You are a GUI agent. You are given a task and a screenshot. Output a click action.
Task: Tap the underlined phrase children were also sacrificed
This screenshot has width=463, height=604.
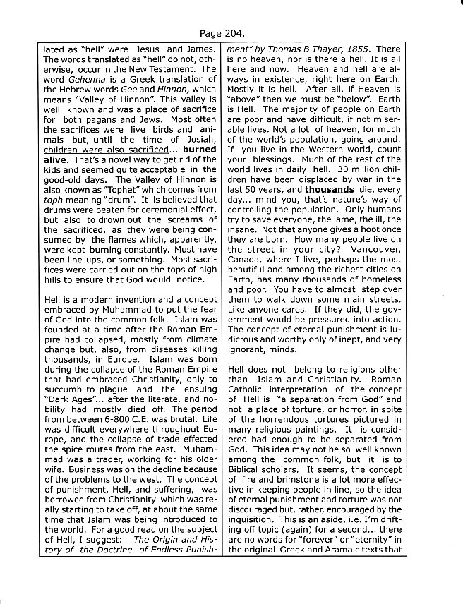[x=106, y=150]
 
